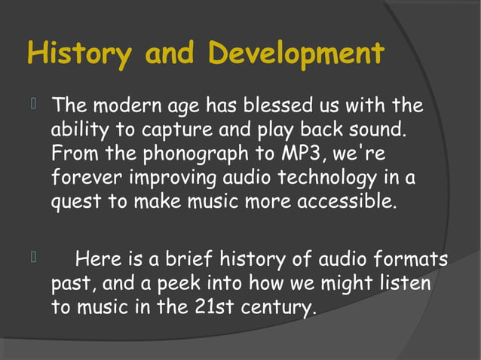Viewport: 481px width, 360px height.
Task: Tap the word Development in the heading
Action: (x=296, y=54)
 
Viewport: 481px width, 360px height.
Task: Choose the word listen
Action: (x=403, y=285)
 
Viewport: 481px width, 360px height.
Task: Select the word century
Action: (x=277, y=309)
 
